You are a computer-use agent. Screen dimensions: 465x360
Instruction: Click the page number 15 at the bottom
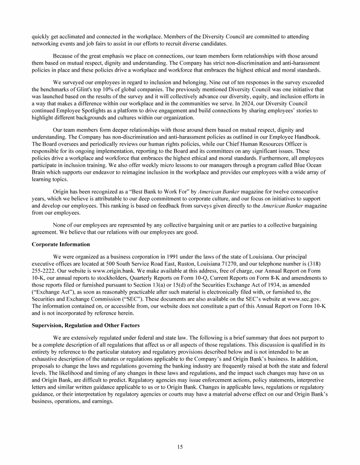point(180,447)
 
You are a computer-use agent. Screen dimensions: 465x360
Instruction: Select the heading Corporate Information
point(60,244)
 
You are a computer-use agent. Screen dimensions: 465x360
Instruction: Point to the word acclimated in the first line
point(69,37)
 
